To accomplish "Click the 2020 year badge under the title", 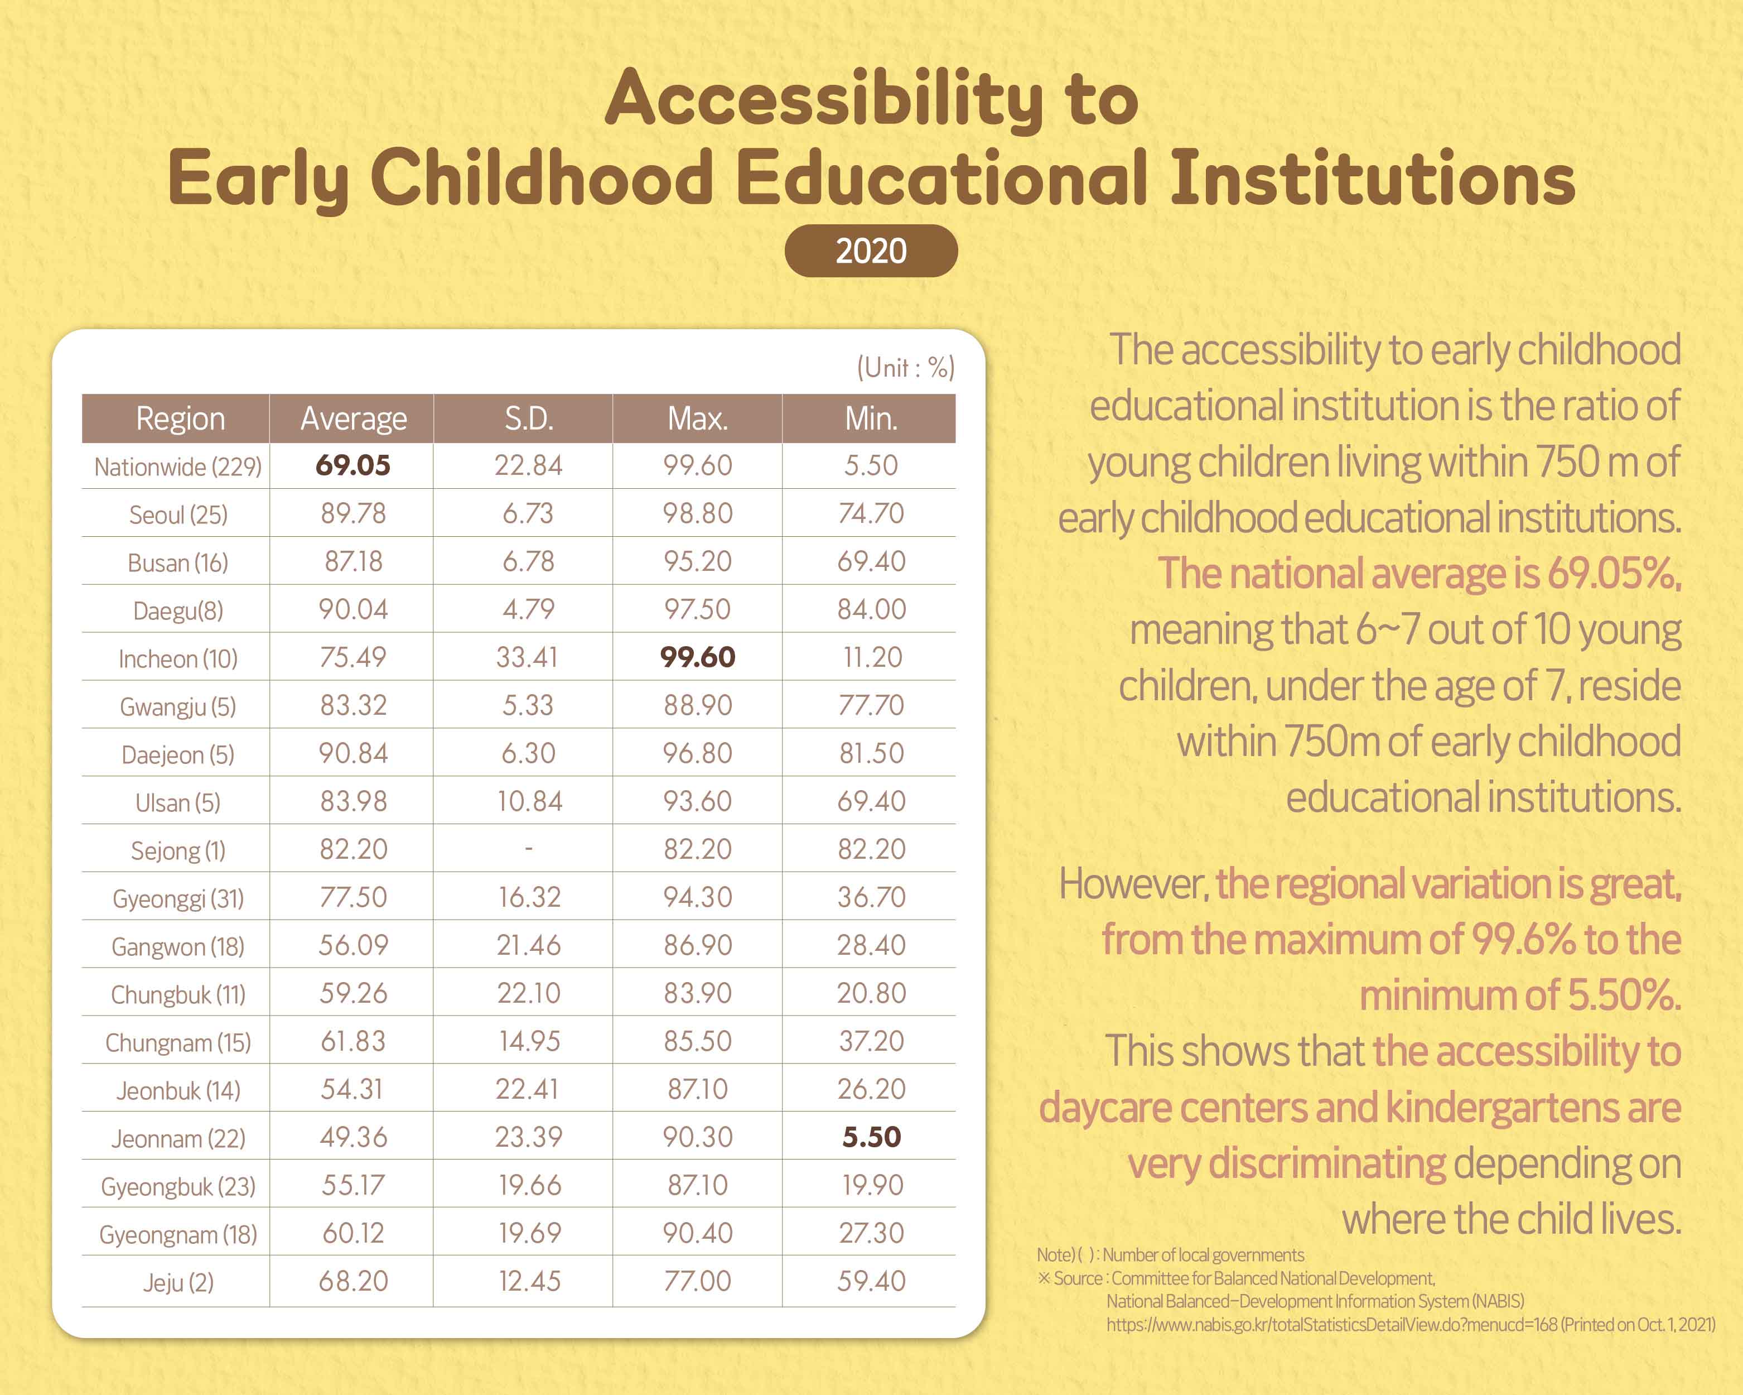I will pos(871,251).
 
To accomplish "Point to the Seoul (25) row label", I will pos(178,514).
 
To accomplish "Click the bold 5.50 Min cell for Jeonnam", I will pos(871,1137).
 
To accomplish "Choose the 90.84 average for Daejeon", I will pos(353,753).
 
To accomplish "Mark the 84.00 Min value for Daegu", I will pos(871,609).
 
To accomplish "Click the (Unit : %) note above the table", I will pos(905,368).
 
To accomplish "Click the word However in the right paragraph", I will pos(1132,884).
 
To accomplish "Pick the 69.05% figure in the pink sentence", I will pos(1614,574).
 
